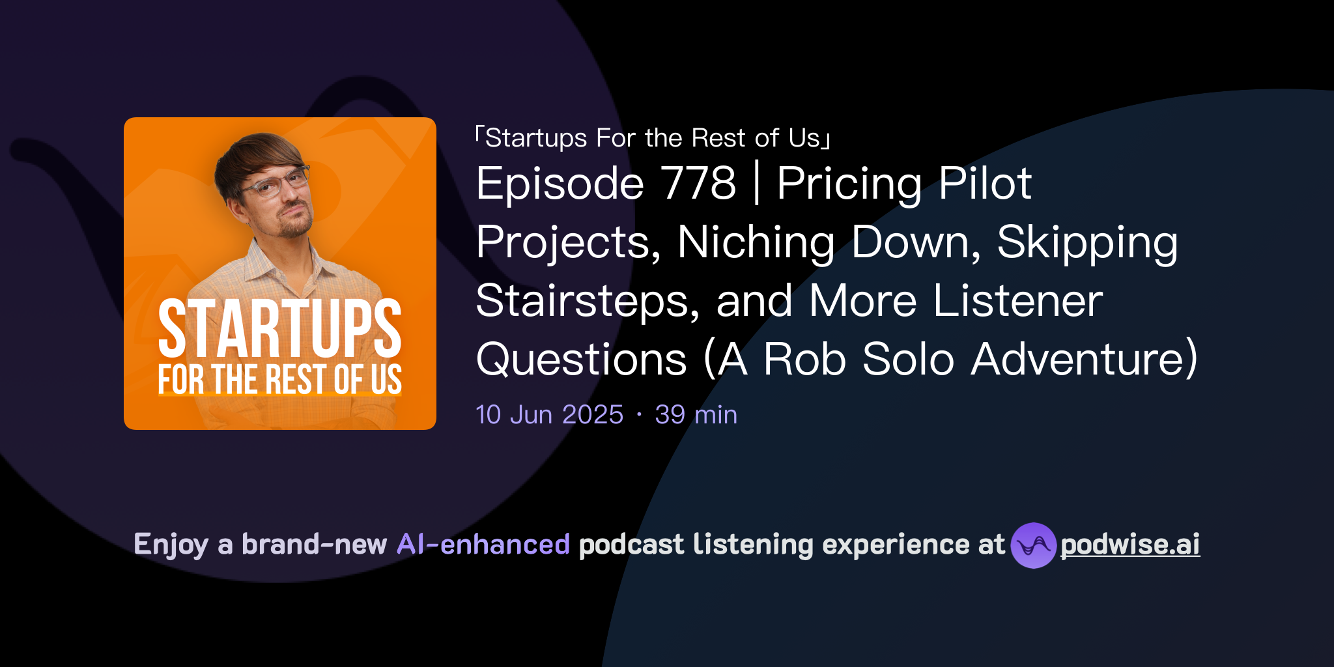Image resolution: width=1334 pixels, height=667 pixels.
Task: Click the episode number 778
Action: (698, 184)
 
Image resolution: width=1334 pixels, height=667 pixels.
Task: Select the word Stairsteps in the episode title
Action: (588, 302)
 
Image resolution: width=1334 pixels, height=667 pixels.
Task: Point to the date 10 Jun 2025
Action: (549, 415)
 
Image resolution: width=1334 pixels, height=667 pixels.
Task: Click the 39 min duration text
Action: (696, 415)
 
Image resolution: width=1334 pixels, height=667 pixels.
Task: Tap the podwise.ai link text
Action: (1129, 545)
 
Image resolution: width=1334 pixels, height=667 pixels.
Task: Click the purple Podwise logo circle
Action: (1032, 545)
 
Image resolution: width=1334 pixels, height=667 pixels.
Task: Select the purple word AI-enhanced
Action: (483, 545)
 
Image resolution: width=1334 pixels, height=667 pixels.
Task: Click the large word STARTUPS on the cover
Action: (279, 329)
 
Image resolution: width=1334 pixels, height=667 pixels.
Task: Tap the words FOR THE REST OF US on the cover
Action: (279, 379)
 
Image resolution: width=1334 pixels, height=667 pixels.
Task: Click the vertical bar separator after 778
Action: (756, 184)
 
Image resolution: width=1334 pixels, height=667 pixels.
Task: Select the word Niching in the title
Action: (756, 243)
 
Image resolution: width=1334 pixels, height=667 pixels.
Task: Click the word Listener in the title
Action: (1017, 302)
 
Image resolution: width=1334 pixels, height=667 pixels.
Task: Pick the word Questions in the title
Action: (581, 360)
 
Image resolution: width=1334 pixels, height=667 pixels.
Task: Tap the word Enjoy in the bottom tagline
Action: (171, 545)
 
